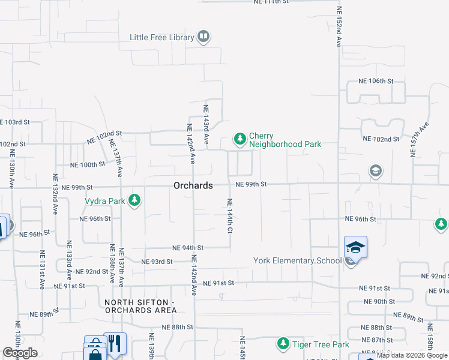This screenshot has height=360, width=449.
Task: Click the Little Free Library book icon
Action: click(x=203, y=37)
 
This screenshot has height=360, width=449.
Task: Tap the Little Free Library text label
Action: click(x=162, y=37)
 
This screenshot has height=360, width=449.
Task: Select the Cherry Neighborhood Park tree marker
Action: click(x=240, y=140)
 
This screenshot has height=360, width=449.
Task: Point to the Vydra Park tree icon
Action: click(x=136, y=200)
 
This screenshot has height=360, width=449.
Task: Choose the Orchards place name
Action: click(x=193, y=186)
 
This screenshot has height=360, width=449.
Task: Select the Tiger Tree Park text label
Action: click(x=321, y=344)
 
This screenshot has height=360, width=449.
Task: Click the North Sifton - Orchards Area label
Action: click(x=140, y=306)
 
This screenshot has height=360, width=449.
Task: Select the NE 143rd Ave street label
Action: click(x=205, y=124)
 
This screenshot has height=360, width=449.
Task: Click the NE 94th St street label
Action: click(x=188, y=247)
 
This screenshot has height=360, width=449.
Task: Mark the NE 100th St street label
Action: click(x=88, y=164)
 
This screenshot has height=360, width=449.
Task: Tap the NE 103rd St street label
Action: click(x=17, y=122)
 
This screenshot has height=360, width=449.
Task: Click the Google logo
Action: click(x=20, y=353)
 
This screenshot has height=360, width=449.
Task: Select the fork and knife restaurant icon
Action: click(x=115, y=343)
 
